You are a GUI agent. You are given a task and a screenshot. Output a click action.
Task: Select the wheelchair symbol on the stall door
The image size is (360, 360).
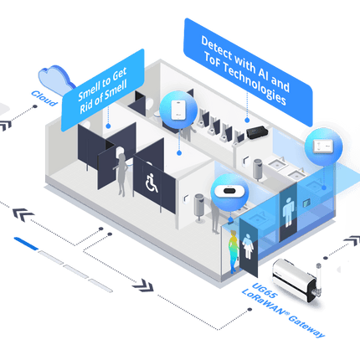point(152,182)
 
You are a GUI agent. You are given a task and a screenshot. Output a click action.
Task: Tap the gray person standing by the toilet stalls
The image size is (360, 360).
point(122,176)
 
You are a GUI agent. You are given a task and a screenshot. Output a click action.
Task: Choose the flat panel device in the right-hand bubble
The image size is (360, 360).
point(321,146)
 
